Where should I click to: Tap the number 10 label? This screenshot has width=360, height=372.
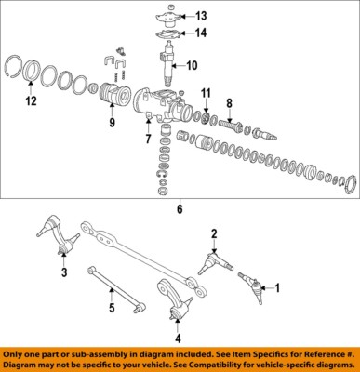(x=191, y=66)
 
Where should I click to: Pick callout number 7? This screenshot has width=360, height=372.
(x=145, y=140)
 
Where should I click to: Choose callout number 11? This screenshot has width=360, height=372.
(x=207, y=94)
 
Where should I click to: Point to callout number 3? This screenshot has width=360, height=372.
(x=64, y=273)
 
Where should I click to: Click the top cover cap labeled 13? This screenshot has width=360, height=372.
(x=167, y=16)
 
